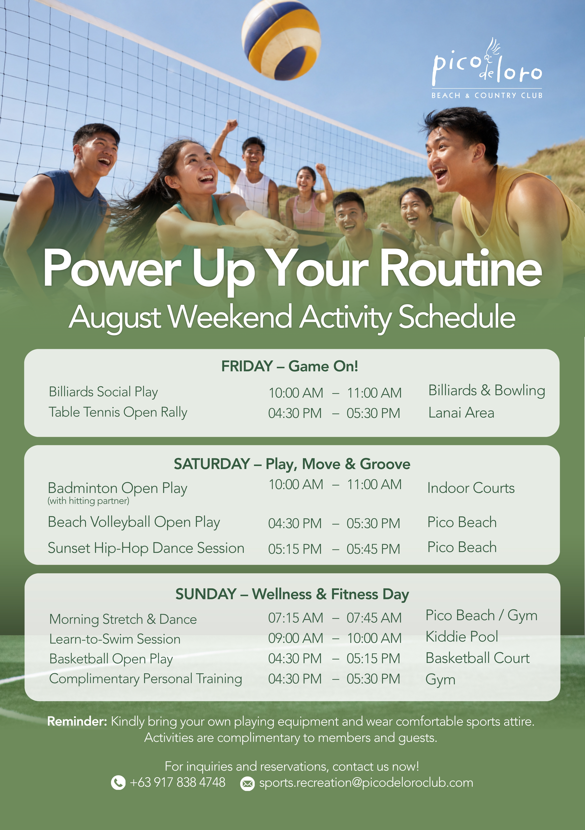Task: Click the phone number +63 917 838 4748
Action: point(178,782)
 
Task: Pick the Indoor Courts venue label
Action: point(471,488)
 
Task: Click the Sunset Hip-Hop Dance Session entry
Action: point(146,548)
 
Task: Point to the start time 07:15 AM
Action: point(295,618)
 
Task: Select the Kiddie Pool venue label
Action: point(462,637)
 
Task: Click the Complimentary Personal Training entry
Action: point(146,679)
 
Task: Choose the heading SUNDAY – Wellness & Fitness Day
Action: point(292,594)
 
